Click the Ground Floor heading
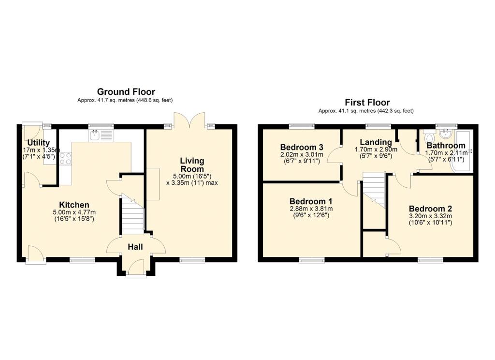126,91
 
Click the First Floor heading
367,102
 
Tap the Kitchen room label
74,205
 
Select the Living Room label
192,165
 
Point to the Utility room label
38,142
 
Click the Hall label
135,247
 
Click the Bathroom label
445,146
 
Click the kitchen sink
100,135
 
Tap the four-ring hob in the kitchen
65,159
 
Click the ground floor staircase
132,215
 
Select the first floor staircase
374,191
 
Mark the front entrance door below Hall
135,267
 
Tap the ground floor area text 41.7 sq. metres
125,100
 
